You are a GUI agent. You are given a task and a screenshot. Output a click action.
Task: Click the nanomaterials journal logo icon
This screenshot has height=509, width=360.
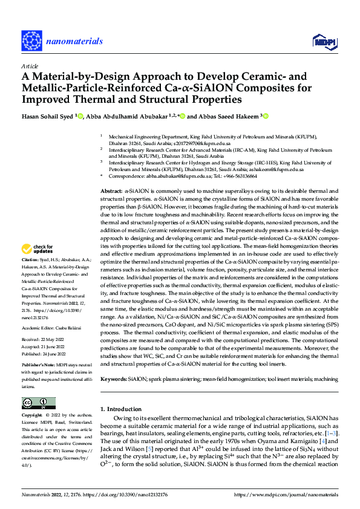(31, 41)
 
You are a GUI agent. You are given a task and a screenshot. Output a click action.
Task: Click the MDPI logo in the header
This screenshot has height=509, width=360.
(323, 41)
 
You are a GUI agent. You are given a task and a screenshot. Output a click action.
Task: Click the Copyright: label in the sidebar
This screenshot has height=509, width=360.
(33, 415)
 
